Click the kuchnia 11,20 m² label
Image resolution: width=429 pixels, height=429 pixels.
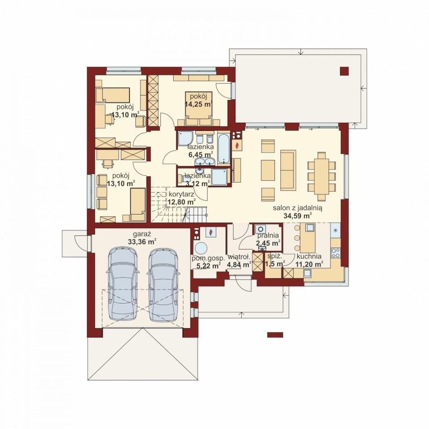[309, 260]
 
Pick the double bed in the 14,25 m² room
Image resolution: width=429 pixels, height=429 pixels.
[199, 109]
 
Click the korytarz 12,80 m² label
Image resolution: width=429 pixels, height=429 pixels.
[182, 198]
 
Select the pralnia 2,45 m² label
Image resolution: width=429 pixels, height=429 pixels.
[268, 239]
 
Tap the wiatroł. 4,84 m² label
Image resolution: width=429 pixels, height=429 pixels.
[239, 261]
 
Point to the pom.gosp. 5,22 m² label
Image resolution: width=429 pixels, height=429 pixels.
[209, 262]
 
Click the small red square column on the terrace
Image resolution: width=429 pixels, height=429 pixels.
[344, 71]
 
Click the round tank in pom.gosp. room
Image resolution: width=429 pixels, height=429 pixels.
[200, 249]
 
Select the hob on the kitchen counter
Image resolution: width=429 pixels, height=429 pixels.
[336, 253]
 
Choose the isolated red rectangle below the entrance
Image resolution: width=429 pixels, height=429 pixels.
[275, 334]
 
